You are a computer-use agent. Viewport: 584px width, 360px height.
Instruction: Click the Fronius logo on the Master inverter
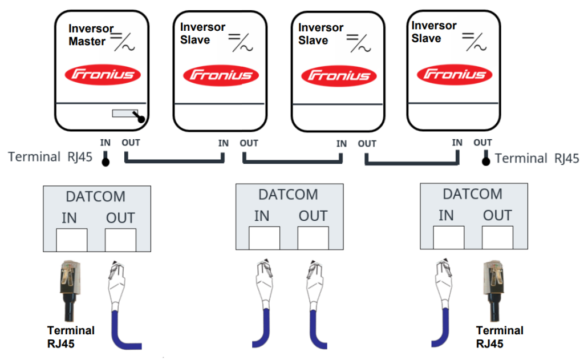[x=102, y=74]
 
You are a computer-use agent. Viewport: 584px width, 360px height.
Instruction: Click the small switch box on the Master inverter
[x=125, y=114]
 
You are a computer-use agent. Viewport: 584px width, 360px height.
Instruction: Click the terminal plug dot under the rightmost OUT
[x=486, y=160]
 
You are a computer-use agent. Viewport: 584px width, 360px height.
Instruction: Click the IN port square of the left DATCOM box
[x=72, y=240]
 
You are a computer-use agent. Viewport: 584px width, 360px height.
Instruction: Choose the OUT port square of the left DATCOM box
[x=121, y=240]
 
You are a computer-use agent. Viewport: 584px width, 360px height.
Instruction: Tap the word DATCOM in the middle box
[x=288, y=194]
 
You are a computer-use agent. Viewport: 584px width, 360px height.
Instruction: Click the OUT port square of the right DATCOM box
[x=497, y=237]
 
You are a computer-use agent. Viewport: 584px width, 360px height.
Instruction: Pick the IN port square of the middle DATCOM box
[x=265, y=238]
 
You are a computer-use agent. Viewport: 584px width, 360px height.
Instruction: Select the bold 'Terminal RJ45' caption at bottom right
[x=500, y=337]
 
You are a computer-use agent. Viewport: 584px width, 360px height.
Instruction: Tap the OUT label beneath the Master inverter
[x=131, y=142]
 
